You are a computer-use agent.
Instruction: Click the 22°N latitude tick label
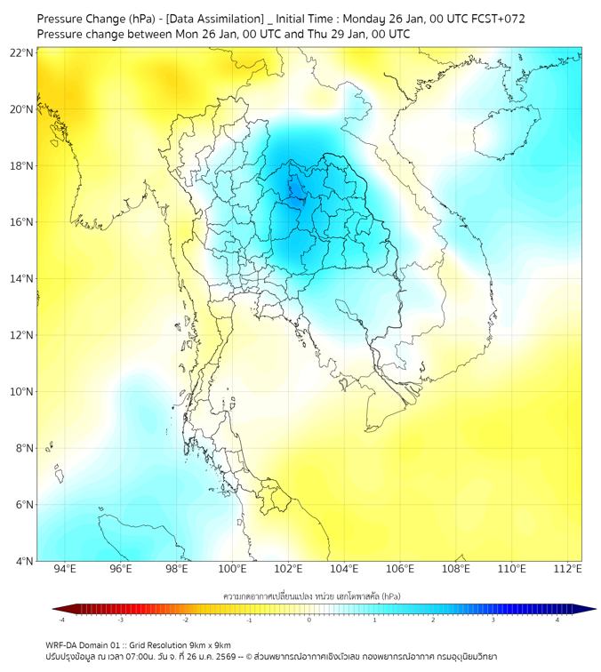pyautogui.click(x=21, y=53)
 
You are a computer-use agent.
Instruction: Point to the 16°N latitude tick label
pyautogui.click(x=21, y=222)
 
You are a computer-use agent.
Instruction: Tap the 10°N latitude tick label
pyautogui.click(x=21, y=392)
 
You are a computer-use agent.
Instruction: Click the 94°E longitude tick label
pyautogui.click(x=65, y=570)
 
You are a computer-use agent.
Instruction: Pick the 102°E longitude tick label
pyautogui.click(x=288, y=570)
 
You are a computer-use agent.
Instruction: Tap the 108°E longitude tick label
pyautogui.click(x=456, y=570)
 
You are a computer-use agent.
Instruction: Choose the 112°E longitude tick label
pyautogui.click(x=567, y=570)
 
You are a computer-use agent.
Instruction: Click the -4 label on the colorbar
pyautogui.click(x=61, y=620)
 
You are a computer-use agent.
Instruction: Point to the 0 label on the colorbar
pyautogui.click(x=309, y=620)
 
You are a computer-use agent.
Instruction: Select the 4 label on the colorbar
pyautogui.click(x=558, y=620)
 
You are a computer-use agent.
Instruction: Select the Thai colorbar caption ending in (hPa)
pyautogui.click(x=312, y=594)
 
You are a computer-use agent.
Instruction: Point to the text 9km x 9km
pyautogui.click(x=209, y=644)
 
